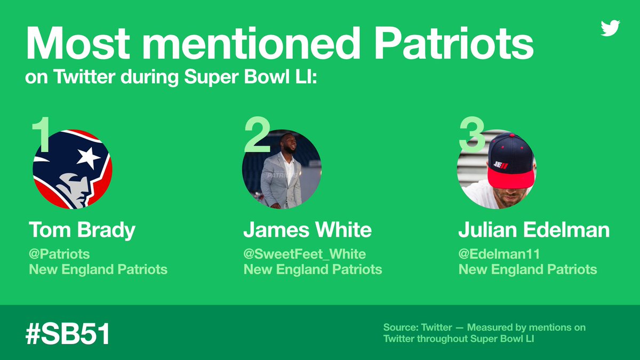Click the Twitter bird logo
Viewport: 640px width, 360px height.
pyautogui.click(x=610, y=28)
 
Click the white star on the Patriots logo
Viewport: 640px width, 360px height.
pyautogui.click(x=89, y=157)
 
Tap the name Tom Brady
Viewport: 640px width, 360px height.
pyautogui.click(x=82, y=230)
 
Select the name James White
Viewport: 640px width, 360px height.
pyautogui.click(x=307, y=230)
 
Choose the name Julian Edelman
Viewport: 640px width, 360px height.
pyautogui.click(x=534, y=230)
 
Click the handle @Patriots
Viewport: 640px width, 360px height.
pyautogui.click(x=59, y=254)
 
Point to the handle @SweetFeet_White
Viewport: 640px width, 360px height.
pyautogui.click(x=305, y=254)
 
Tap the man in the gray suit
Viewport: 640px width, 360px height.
pyautogui.click(x=282, y=173)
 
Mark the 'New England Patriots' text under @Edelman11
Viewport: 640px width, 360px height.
pyautogui.click(x=527, y=269)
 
